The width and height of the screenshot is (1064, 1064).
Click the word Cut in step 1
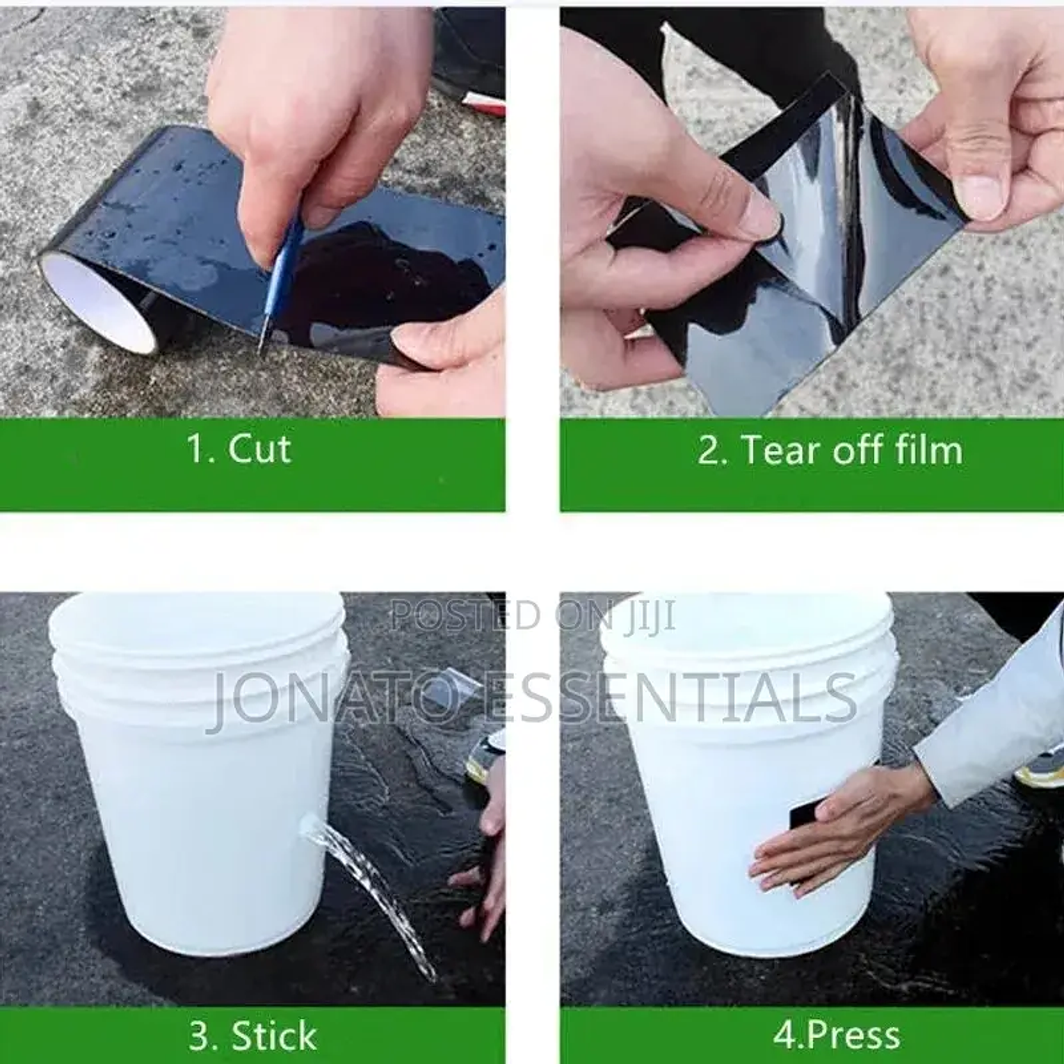click(x=259, y=449)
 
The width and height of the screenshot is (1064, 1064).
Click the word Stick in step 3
click(x=274, y=1035)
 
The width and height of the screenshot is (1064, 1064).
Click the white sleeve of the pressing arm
click(x=994, y=716)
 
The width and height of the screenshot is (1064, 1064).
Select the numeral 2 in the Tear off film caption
click(x=709, y=450)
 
